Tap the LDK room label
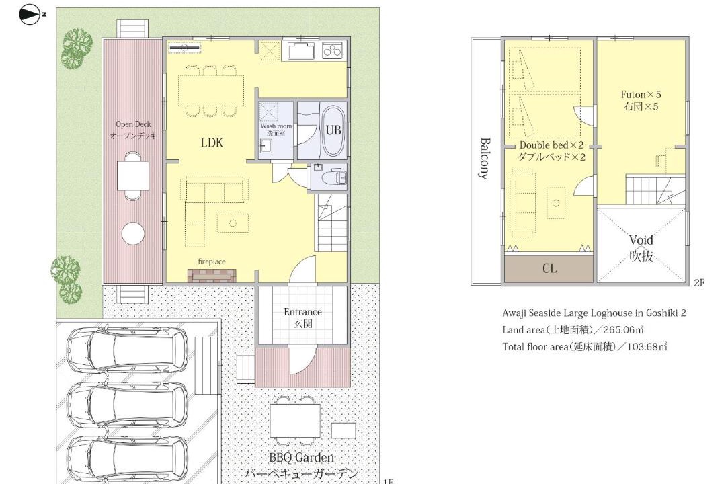pos(212,143)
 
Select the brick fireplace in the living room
pos(212,276)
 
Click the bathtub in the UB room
pos(333,131)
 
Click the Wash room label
pos(276,126)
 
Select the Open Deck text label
pos(133,124)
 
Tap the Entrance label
pos(302,312)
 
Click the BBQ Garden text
pos(301,458)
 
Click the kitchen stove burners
pos(333,49)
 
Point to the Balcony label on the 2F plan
pos(484,158)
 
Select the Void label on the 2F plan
pos(641,241)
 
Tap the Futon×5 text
pos(641,95)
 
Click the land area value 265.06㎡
pos(623,330)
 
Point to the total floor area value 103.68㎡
pos(647,346)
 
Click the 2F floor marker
pos(699,282)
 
